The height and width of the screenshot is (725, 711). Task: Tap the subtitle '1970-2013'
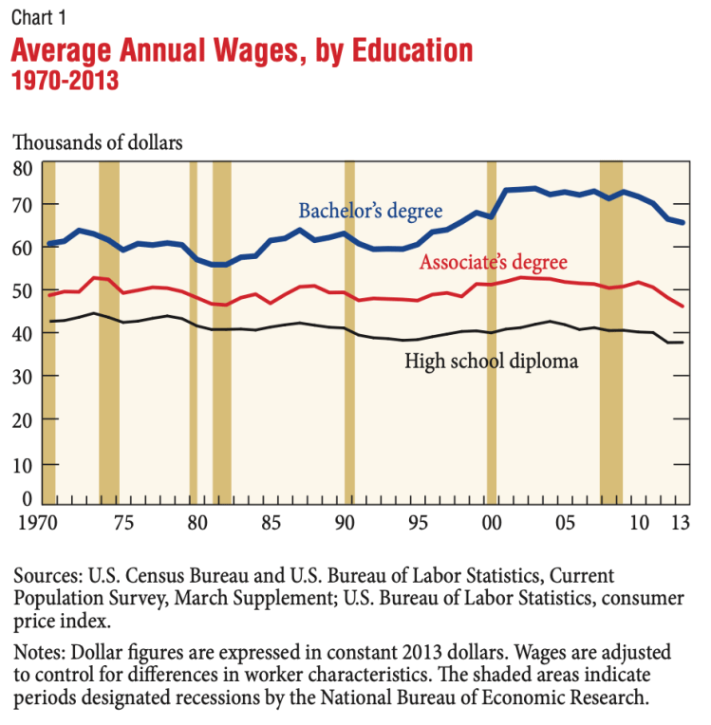pos(65,81)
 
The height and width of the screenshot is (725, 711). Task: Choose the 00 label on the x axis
pos(492,522)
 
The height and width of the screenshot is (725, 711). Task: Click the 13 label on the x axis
pos(679,522)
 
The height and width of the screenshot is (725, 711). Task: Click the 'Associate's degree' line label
pos(494,262)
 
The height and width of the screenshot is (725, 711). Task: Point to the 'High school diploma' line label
pos(492,361)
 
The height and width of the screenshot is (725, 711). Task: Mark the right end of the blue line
pos(683,222)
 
